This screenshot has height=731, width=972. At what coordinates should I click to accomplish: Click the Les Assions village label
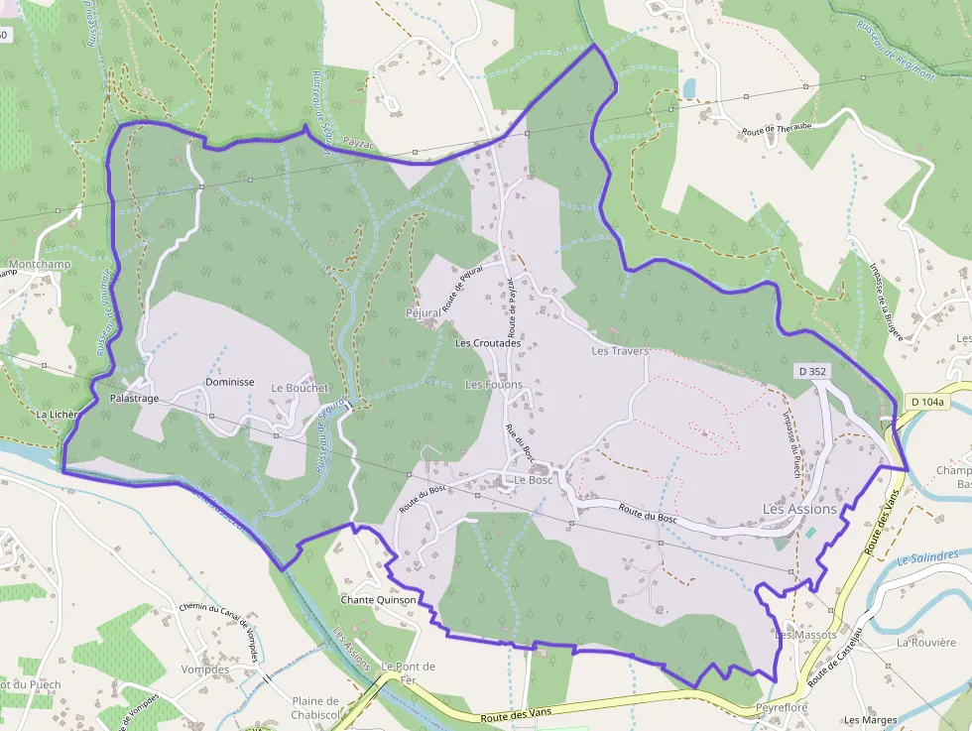pyautogui.click(x=799, y=509)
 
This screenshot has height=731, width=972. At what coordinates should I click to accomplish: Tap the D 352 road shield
pyautogui.click(x=811, y=371)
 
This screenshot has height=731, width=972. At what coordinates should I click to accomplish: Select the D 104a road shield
pyautogui.click(x=926, y=402)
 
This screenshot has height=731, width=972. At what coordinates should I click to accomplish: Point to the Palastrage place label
pyautogui.click(x=134, y=398)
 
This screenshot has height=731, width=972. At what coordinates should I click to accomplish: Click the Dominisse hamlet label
pyautogui.click(x=230, y=382)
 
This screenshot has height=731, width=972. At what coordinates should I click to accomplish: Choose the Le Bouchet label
pyautogui.click(x=299, y=388)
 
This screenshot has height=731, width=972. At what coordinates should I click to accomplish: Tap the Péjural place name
pyautogui.click(x=424, y=312)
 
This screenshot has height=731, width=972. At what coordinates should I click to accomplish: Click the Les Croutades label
pyautogui.click(x=487, y=343)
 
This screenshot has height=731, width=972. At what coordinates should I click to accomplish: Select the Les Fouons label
pyautogui.click(x=494, y=385)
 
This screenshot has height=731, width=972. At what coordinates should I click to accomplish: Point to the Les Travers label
pyautogui.click(x=620, y=351)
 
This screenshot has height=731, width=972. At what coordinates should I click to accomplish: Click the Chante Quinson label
pyautogui.click(x=378, y=600)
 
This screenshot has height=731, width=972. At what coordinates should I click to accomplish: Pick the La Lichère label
pyautogui.click(x=56, y=414)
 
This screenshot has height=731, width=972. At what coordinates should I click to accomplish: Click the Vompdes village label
pyautogui.click(x=205, y=670)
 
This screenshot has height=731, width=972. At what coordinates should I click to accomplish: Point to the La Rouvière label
pyautogui.click(x=924, y=643)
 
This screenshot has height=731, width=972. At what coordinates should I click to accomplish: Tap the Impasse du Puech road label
pyautogui.click(x=791, y=443)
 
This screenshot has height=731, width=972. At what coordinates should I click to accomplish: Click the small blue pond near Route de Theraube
pyautogui.click(x=689, y=88)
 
